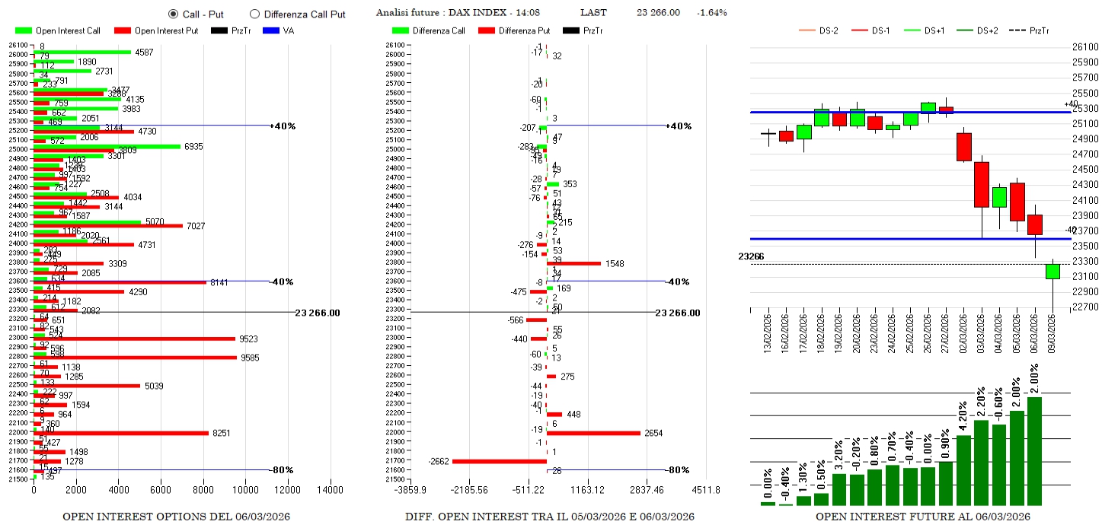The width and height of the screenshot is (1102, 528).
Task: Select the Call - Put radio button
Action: point(173,14)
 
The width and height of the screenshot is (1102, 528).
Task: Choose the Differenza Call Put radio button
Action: point(254,14)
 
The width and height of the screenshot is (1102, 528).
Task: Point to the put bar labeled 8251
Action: point(122,433)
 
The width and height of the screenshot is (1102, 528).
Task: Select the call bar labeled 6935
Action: point(107,146)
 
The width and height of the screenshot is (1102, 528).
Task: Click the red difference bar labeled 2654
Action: point(593,433)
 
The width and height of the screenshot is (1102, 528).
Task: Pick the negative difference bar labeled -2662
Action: point(500,461)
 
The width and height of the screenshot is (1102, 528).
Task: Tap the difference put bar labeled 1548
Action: point(574,263)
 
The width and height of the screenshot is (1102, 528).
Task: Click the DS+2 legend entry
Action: point(982,30)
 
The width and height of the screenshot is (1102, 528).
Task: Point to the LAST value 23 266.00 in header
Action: point(658,13)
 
